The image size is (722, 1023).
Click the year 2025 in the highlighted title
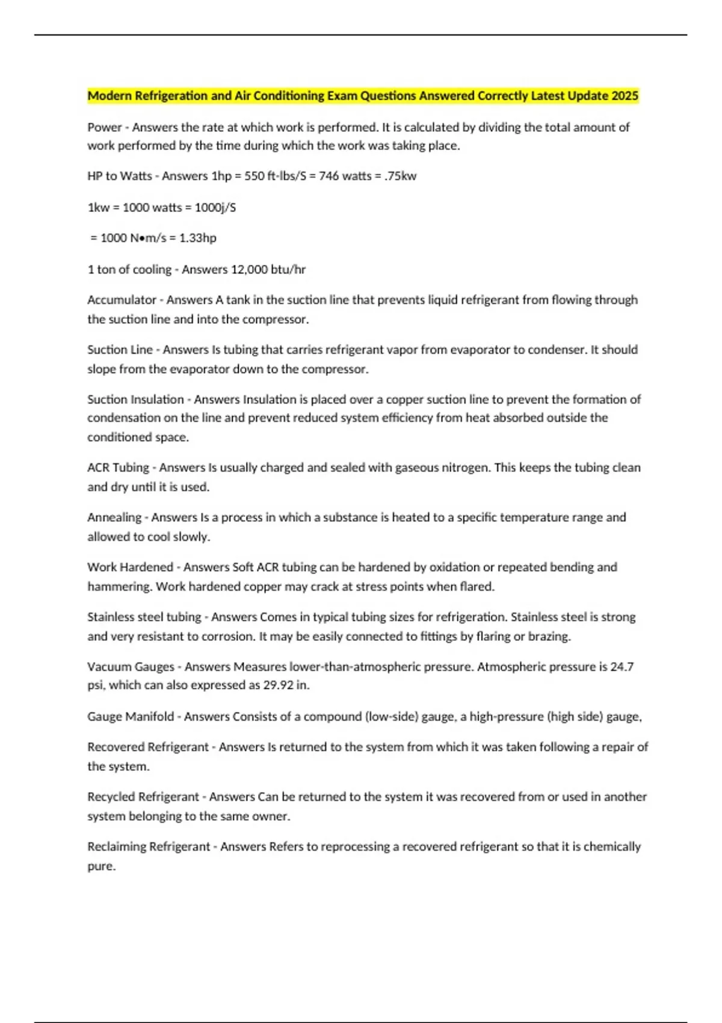pyautogui.click(x=625, y=96)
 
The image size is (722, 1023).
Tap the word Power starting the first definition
pyautogui.click(x=103, y=127)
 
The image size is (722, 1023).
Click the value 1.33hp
pyautogui.click(x=198, y=238)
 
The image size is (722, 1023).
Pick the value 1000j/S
pyautogui.click(x=215, y=207)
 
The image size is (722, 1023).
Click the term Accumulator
pyautogui.click(x=122, y=300)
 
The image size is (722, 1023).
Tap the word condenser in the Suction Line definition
pyautogui.click(x=556, y=350)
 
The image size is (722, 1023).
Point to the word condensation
pyautogui.click(x=124, y=418)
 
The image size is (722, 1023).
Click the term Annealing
pyautogui.click(x=114, y=518)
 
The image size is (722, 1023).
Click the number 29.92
pyautogui.click(x=278, y=685)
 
